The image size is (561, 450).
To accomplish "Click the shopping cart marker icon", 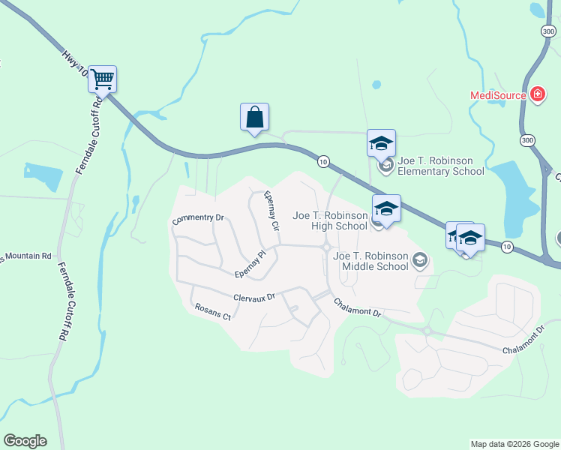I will (102, 79).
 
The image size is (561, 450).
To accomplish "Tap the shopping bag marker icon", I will (254, 117).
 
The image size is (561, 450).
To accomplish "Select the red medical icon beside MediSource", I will (537, 94).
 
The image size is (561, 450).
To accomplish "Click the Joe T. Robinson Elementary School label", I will (441, 166).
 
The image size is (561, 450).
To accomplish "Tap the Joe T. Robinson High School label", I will (330, 220).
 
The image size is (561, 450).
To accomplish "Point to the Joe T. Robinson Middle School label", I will (370, 261).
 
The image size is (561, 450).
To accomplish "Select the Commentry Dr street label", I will (198, 219).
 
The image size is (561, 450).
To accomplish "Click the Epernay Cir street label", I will (271, 211).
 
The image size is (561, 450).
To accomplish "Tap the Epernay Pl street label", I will (250, 263).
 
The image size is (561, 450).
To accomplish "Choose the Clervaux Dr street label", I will (254, 297).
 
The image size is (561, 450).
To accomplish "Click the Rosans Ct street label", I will (212, 311).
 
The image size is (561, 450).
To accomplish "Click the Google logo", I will (25, 441).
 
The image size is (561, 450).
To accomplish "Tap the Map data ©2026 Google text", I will (514, 444).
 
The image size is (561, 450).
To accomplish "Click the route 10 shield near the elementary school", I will (323, 161).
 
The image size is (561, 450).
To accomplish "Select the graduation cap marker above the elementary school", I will (381, 142).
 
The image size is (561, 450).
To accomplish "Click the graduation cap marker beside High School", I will (386, 208).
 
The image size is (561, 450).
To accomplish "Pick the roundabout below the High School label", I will (327, 247).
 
